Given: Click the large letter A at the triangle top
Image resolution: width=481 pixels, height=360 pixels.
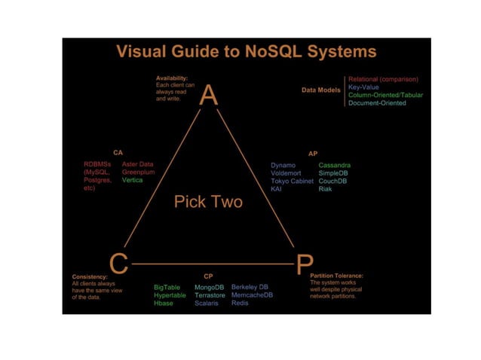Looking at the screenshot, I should pos(209,96).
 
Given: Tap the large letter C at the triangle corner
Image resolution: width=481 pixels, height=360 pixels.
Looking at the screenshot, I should pos(118,264).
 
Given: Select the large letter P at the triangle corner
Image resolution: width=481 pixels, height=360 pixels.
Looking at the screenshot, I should pos(302,264).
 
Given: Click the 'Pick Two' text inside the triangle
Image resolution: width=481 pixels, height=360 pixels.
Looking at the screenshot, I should pos(209,202).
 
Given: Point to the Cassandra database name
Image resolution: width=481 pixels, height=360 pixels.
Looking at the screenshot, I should pos(334,164).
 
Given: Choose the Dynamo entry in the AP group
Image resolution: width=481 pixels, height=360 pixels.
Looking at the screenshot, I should pos(283,164).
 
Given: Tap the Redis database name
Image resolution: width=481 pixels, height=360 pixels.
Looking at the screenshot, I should pos(240,304).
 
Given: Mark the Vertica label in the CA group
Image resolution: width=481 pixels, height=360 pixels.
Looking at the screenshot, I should pos(132,181).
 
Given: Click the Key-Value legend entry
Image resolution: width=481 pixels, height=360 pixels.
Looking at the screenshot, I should pos(363,87).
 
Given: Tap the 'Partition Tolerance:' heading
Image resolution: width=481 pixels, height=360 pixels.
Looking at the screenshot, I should pos(336,276).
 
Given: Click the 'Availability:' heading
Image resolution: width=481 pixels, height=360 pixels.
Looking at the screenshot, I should pos(172,78).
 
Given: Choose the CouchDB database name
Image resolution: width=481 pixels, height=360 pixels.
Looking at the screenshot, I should pos(332,181).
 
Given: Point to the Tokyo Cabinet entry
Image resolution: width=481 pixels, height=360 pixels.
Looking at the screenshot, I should pos(292,181).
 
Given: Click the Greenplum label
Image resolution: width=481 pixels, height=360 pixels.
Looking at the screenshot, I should pos(138,172).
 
